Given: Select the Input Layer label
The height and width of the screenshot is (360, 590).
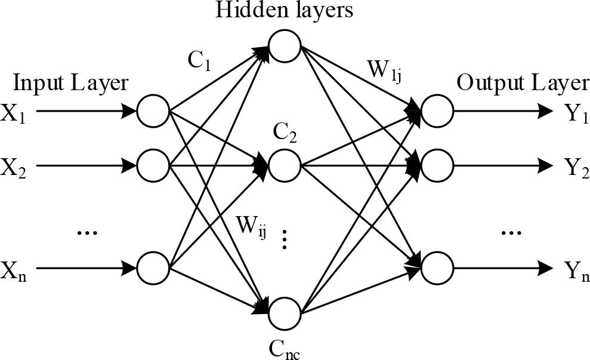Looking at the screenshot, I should click(70, 83).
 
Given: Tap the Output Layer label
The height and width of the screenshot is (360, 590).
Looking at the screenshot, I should click(523, 83).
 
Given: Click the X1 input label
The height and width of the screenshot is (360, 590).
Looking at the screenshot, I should click(13, 113).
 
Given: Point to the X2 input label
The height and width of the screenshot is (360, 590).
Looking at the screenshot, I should click(13, 165).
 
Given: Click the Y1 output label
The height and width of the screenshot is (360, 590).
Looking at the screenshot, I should click(575, 113).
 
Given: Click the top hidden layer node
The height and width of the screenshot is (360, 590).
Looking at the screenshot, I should click(285, 45).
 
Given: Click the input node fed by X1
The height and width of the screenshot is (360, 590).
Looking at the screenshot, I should click(153, 111).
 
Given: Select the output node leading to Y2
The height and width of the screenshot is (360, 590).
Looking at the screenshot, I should click(437, 162).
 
